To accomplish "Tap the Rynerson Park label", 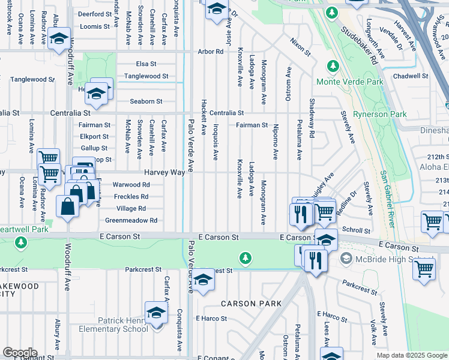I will pos(379,114).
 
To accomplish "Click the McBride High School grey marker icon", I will pos(345,259).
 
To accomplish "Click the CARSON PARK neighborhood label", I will pos(251,304).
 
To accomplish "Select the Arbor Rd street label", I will pos(211,52).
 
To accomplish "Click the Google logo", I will pos(19,353).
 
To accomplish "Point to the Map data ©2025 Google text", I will pos(411,355).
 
